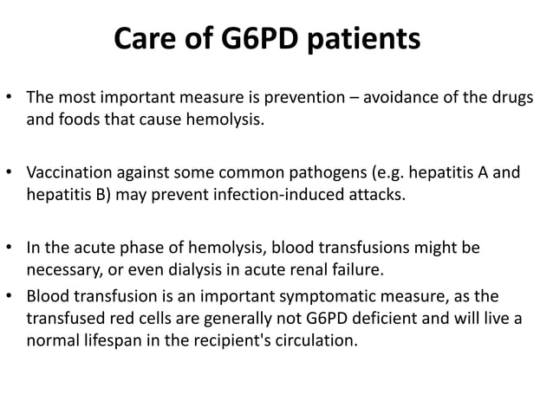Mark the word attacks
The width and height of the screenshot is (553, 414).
(x=374, y=194)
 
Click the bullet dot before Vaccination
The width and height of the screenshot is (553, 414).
(x=11, y=174)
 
